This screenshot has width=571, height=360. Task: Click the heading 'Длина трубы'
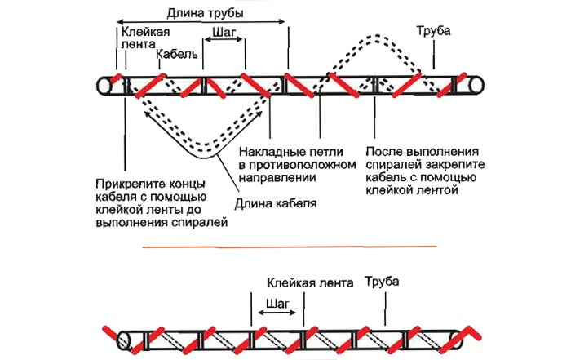(204, 14)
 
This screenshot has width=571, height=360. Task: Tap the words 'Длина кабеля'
(272, 202)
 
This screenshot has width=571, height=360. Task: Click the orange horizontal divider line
(290, 245)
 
